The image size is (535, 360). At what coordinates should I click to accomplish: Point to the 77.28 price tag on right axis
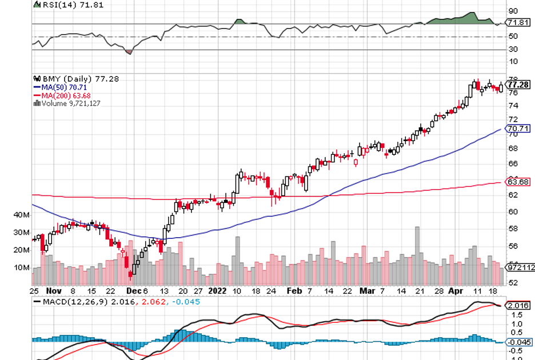coord(518,85)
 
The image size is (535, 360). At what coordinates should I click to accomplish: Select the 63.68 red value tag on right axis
coord(518,182)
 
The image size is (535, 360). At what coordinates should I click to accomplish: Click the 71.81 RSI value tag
coord(518,22)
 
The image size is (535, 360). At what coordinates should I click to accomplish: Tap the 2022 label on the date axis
coord(218,290)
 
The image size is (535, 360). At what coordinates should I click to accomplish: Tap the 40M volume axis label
coord(21,215)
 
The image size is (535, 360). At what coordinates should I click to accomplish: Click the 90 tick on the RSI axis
coord(513,11)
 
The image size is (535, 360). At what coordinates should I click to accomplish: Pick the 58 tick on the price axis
coord(513,229)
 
